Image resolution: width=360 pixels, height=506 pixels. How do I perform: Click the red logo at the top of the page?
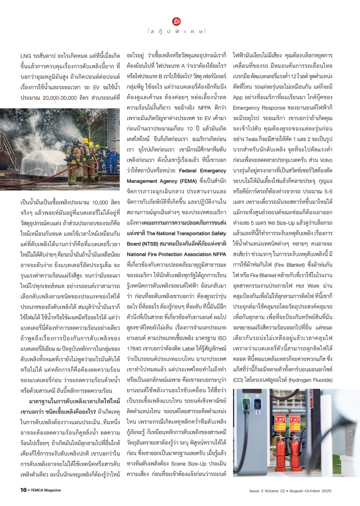(x=177, y=21)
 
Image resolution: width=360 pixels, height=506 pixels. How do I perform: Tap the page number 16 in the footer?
(x=23, y=490)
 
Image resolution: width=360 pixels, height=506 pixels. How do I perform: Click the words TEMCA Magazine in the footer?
(x=46, y=490)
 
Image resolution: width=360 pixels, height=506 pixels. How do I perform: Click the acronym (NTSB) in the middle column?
(x=144, y=244)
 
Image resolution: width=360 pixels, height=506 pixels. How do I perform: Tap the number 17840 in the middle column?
(x=134, y=348)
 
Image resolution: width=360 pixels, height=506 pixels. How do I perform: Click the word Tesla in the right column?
(x=251, y=139)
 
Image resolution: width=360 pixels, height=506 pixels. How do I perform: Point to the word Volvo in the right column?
(x=326, y=160)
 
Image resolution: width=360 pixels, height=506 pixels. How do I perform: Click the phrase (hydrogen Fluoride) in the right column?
(x=310, y=380)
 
